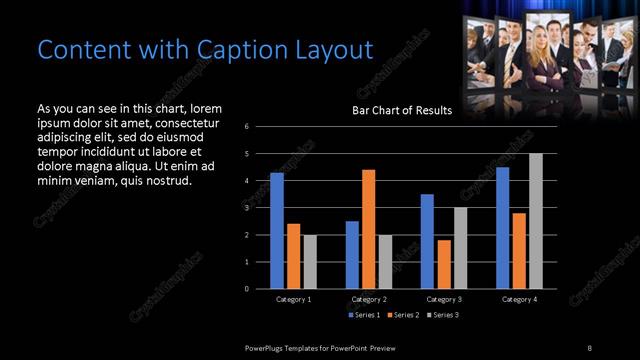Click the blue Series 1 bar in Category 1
coord(277,231)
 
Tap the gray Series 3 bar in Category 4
coord(535,221)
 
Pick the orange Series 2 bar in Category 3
coord(444,264)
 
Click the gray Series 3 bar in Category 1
coord(310,262)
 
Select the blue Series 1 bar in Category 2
coord(352,255)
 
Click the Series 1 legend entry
coord(363,315)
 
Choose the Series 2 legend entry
coord(404,315)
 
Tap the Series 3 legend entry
coord(444,315)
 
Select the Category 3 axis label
coord(443,300)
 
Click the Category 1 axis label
coord(293,300)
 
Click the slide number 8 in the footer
coord(589,347)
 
